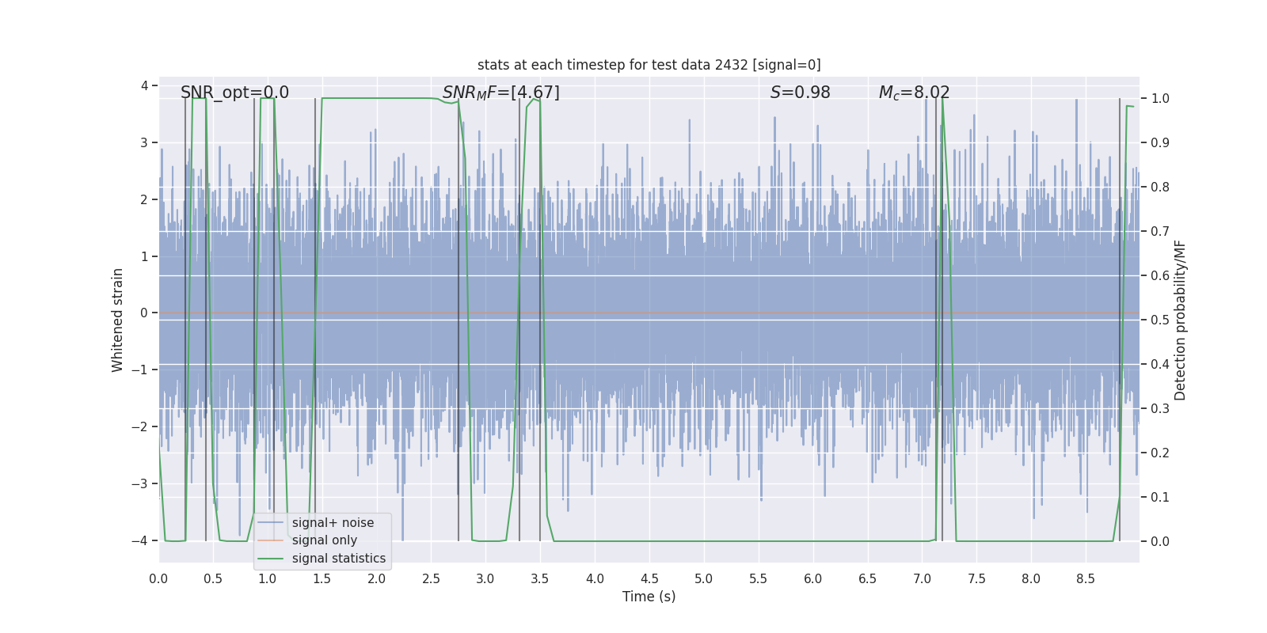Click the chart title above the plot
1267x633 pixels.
pyautogui.click(x=649, y=65)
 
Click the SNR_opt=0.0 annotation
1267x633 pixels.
pyautogui.click(x=234, y=93)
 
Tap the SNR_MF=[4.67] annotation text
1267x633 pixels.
pyautogui.click(x=500, y=93)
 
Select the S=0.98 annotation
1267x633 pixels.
pyautogui.click(x=800, y=93)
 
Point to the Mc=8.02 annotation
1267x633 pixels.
pyautogui.click(x=914, y=93)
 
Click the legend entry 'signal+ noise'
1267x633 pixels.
pyautogui.click(x=333, y=523)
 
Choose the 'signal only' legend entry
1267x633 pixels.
pyautogui.click(x=324, y=540)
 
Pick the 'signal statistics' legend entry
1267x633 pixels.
pyautogui.click(x=338, y=559)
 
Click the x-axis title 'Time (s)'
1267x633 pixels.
pyautogui.click(x=649, y=597)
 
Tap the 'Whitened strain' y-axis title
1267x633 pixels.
pyautogui.click(x=118, y=320)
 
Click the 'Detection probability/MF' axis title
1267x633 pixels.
pyautogui.click(x=1180, y=320)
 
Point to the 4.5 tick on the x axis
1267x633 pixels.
pyautogui.click(x=649, y=578)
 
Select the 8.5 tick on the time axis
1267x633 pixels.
pyautogui.click(x=1086, y=578)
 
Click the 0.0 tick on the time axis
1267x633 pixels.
pyautogui.click(x=158, y=578)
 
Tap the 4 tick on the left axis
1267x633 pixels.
pyautogui.click(x=144, y=85)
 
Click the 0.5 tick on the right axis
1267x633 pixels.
pyautogui.click(x=1160, y=320)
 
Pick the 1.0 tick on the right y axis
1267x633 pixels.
pyautogui.click(x=1160, y=99)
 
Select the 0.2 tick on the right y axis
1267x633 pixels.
pyautogui.click(x=1160, y=453)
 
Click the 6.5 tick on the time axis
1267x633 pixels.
pyautogui.click(x=867, y=578)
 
